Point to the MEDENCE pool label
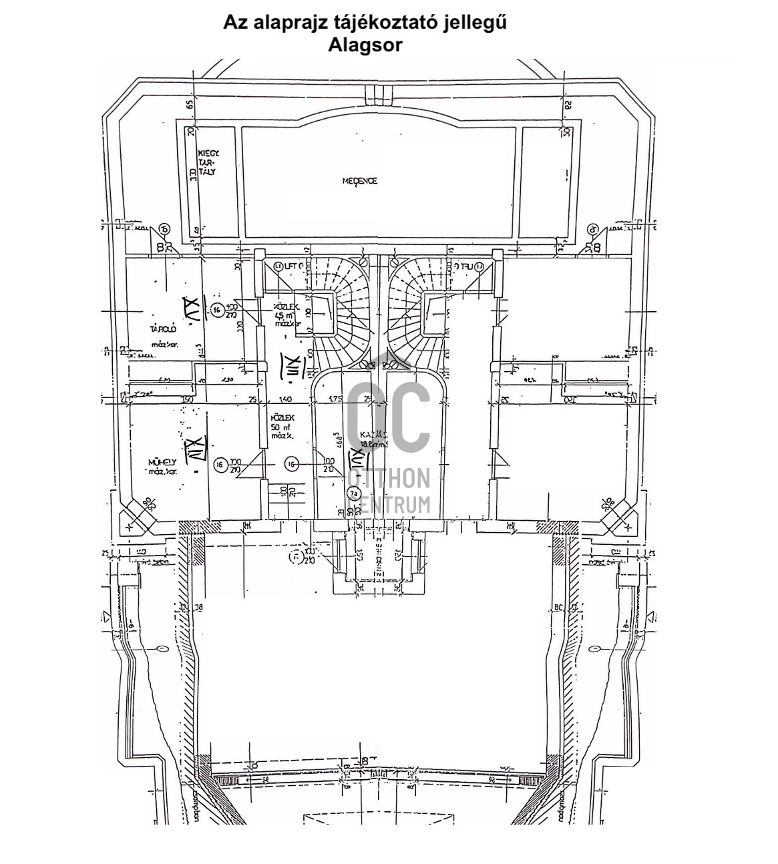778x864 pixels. pos(360,181)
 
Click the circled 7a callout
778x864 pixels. pos(353,494)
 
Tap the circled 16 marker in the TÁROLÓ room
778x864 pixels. pos(216,310)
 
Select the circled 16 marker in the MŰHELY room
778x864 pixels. pos(218,465)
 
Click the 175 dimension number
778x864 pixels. pos(335,399)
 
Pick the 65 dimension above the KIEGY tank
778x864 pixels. pos(190,104)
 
